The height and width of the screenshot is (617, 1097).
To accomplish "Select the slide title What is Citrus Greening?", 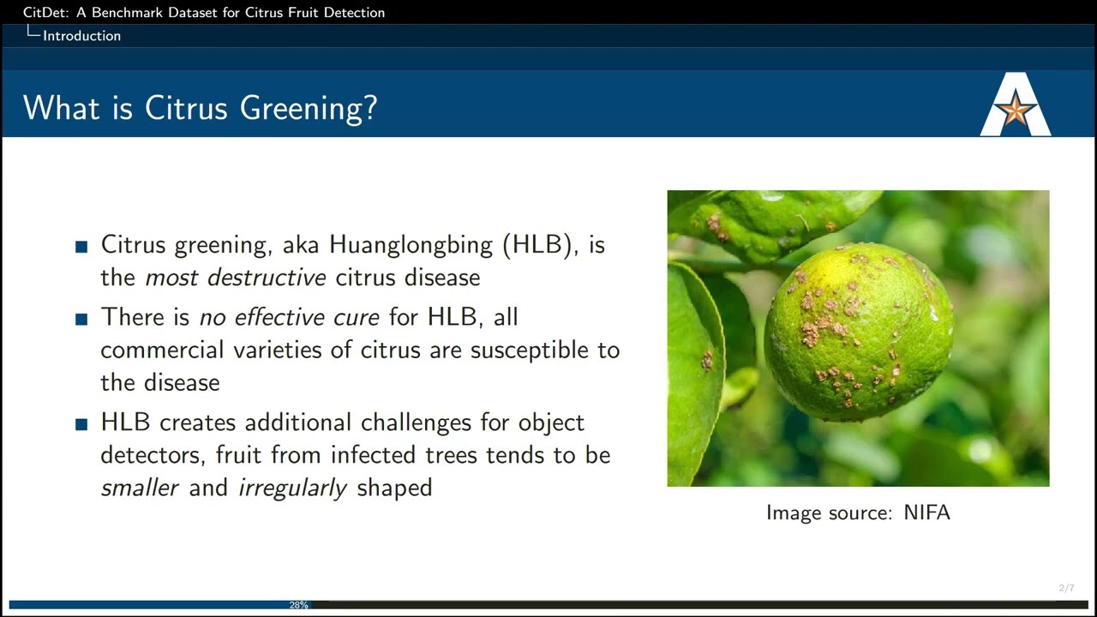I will pyautogui.click(x=200, y=109).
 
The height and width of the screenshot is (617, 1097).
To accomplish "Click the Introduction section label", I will pyautogui.click(x=81, y=36).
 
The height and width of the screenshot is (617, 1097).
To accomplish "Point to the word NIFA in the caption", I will pyautogui.click(x=926, y=512).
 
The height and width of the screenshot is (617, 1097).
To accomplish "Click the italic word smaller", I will pyautogui.click(x=140, y=488).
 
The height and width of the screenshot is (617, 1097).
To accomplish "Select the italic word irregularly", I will pyautogui.click(x=292, y=488).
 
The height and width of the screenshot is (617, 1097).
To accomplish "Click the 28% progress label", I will pyautogui.click(x=298, y=605).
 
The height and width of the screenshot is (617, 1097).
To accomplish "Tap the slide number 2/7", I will pyautogui.click(x=1066, y=588).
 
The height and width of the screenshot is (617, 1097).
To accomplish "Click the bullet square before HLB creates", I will pyautogui.click(x=82, y=424).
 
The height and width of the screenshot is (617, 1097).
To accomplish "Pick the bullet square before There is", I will pyautogui.click(x=82, y=319).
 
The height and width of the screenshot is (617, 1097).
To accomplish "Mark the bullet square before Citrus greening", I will pyautogui.click(x=82, y=247).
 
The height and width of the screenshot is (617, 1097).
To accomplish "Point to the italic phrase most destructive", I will pyautogui.click(x=236, y=278).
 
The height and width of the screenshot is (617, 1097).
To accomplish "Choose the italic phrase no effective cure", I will pyautogui.click(x=289, y=317).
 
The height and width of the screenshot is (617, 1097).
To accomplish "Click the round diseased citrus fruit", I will pyautogui.click(x=858, y=332).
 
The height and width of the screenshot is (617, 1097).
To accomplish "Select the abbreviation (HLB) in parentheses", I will pyautogui.click(x=537, y=245).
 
